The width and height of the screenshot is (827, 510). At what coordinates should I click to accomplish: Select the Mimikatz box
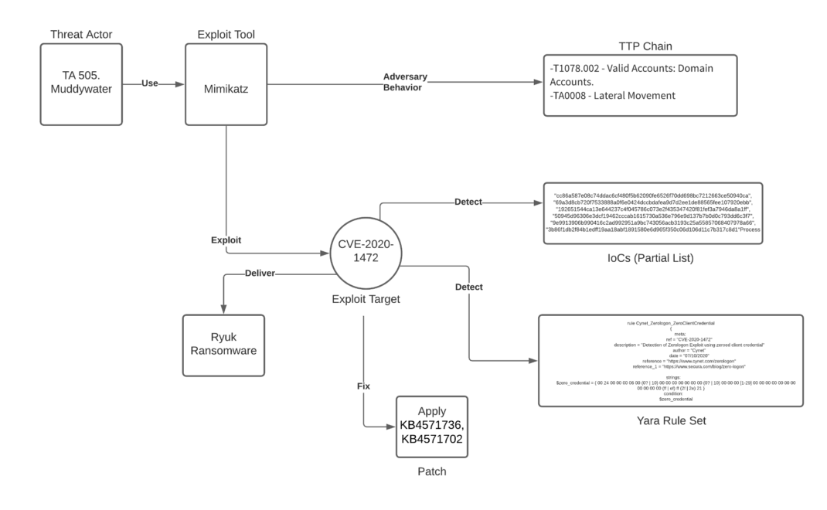coord(226,83)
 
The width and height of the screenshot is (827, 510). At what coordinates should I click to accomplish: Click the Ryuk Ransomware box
coord(223,345)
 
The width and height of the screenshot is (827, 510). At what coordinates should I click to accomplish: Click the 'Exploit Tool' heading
coord(226,34)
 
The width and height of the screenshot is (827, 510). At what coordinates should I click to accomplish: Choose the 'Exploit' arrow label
coord(226,240)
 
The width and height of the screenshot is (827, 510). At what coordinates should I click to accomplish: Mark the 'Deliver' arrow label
coord(261,273)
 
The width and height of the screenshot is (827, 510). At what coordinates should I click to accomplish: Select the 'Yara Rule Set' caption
coord(671,420)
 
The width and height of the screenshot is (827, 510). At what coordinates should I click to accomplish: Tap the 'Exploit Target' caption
coord(366,299)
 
